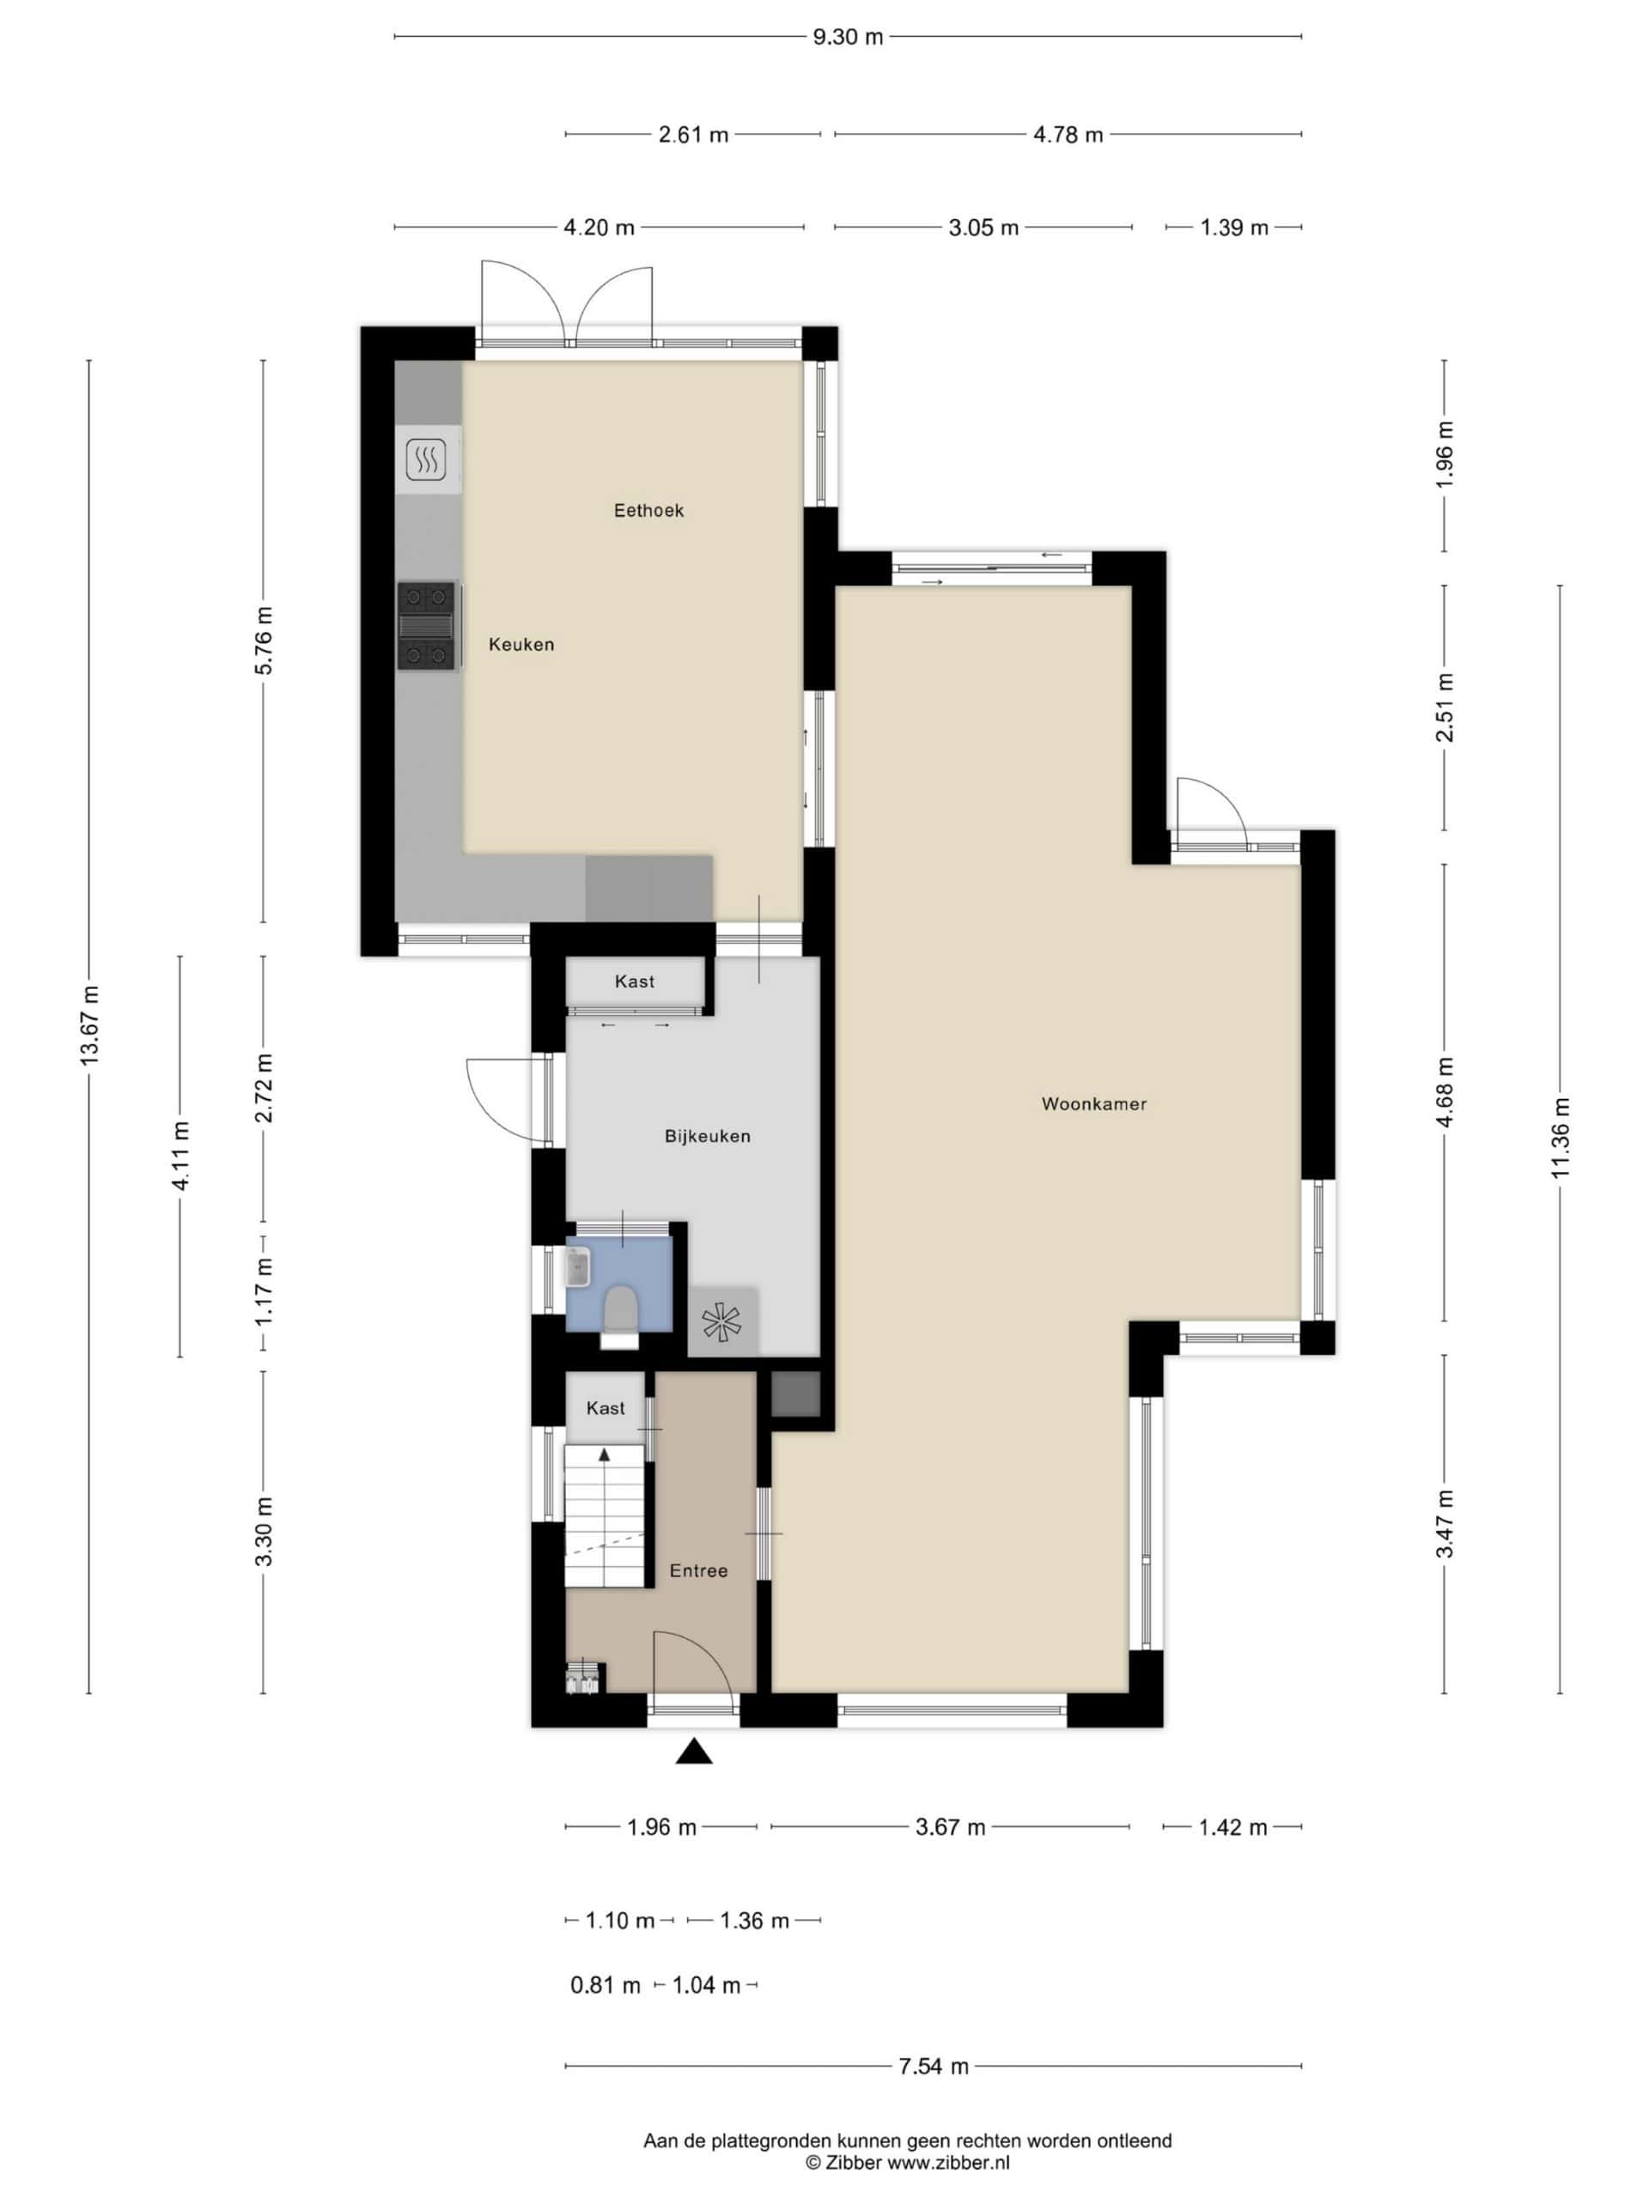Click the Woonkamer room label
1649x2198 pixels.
pos(1093,1104)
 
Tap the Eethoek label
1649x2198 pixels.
pos(648,511)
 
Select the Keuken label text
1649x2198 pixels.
pos(520,645)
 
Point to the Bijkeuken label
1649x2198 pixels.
pos(707,1136)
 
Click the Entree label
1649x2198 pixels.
pos(697,1571)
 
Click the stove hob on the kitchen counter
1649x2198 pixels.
pos(429,626)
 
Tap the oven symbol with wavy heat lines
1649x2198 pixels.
pos(425,460)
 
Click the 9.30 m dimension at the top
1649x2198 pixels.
pos(848,38)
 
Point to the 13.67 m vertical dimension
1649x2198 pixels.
pos(89,1027)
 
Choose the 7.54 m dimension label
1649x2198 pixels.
pos(934,2067)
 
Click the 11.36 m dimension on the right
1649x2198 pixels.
pos(1560,1138)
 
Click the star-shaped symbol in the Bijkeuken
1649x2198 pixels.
pos(721,1322)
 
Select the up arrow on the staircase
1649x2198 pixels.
pos(603,1454)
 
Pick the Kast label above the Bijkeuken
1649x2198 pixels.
pos(634,981)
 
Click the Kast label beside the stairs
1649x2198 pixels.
pos(605,1408)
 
